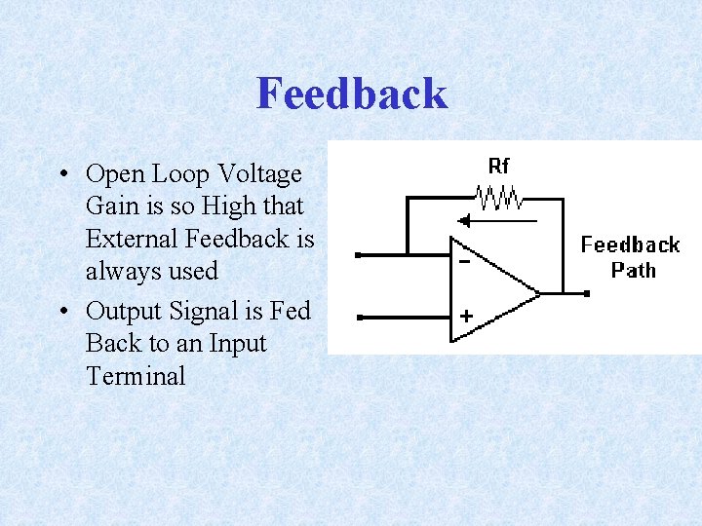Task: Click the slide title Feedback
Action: tap(352, 94)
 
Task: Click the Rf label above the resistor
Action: tap(498, 166)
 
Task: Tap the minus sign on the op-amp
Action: tap(464, 261)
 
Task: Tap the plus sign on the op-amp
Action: tap(465, 317)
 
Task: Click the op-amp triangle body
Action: tap(487, 289)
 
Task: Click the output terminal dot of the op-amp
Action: tap(587, 292)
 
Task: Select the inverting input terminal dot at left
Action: tap(360, 255)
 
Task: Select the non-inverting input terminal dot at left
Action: tap(360, 317)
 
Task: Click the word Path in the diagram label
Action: tap(634, 269)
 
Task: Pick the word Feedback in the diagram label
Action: tap(630, 244)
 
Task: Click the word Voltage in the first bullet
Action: tap(259, 174)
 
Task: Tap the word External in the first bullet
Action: tap(131, 239)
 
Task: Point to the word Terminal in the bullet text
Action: tap(135, 376)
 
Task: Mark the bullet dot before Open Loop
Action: tap(61, 175)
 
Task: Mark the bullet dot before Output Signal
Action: tap(61, 312)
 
